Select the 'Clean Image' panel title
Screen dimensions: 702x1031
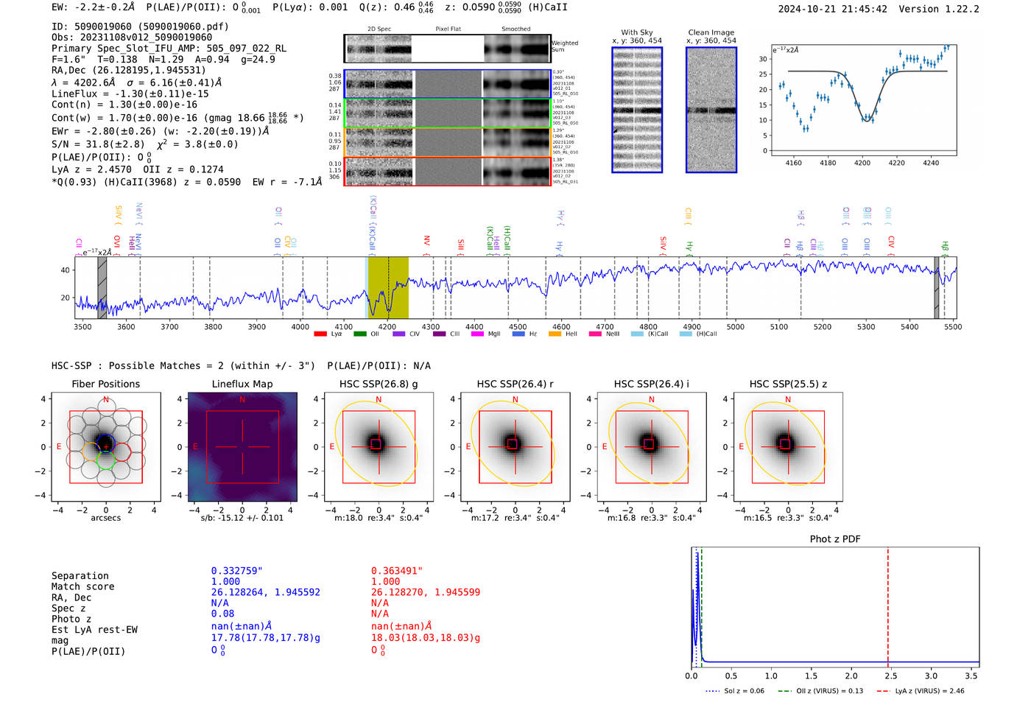click(x=711, y=32)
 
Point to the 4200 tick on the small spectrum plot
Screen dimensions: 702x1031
click(x=862, y=162)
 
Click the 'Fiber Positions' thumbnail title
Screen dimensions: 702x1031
click(x=105, y=384)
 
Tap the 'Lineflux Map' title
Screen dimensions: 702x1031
click(x=242, y=384)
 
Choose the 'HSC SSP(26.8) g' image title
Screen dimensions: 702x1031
click(x=379, y=384)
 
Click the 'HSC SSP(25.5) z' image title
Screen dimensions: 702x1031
click(x=788, y=384)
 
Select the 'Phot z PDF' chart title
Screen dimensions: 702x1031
click(x=835, y=538)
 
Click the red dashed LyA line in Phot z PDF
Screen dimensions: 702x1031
click(x=888, y=604)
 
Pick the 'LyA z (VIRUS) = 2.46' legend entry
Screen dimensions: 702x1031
click(x=929, y=691)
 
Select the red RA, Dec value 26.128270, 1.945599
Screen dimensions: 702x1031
click(x=425, y=592)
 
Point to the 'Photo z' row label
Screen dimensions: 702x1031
click(x=71, y=619)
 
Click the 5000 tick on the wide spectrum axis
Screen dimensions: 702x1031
click(x=735, y=326)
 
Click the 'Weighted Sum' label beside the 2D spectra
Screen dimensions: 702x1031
click(x=564, y=46)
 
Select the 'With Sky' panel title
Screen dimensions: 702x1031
click(x=636, y=32)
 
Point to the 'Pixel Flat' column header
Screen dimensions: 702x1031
click(x=448, y=29)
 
